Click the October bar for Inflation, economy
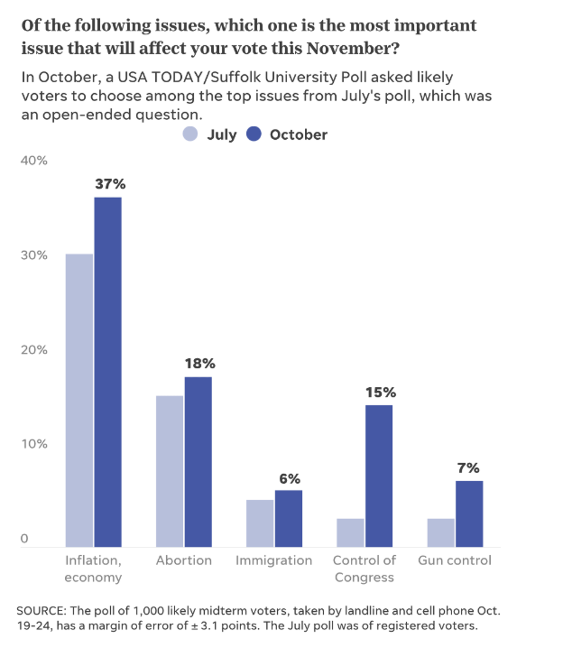[108, 372]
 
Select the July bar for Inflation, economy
[79, 400]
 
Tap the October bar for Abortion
[198, 462]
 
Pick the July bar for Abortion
[170, 471]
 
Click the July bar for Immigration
[260, 523]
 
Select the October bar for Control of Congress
[379, 476]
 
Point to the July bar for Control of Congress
[350, 533]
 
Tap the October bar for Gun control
[469, 514]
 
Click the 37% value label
[110, 184]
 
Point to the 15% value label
[381, 392]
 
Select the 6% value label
[290, 479]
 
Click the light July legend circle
[190, 134]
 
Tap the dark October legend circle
[254, 134]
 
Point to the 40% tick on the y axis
[34, 161]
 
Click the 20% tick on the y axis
[34, 350]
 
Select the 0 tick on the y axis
[24, 538]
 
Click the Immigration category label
[274, 560]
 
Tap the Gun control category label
[455, 560]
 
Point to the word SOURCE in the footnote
[41, 611]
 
